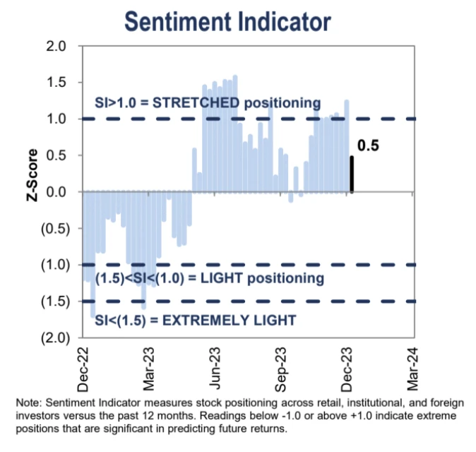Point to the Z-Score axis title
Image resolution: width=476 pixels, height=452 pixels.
click(x=31, y=191)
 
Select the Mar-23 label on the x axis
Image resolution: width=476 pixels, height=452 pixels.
click(x=150, y=369)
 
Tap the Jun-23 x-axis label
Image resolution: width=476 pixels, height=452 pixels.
click(x=215, y=369)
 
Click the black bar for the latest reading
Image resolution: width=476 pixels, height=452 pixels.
click(x=352, y=174)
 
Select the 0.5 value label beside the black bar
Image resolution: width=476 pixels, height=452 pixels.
click(x=369, y=147)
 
